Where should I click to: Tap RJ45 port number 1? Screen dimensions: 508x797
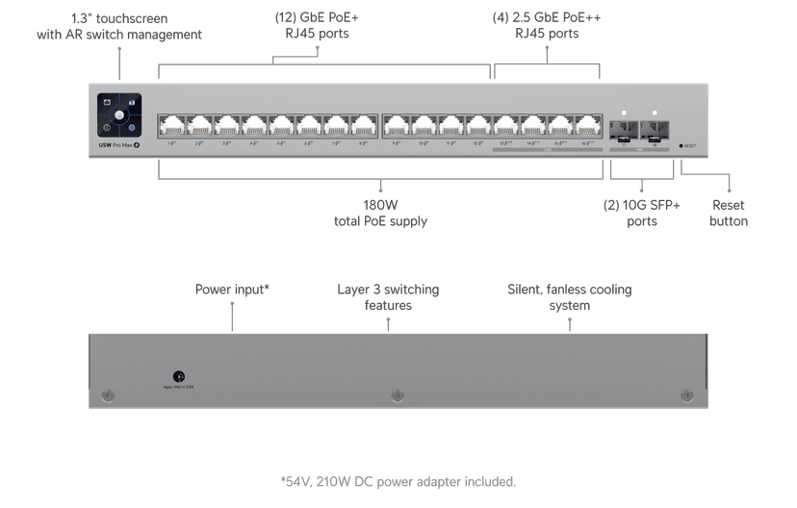click(x=172, y=125)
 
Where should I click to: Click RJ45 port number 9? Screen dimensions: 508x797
click(x=397, y=125)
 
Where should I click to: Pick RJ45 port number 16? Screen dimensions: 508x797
click(x=587, y=125)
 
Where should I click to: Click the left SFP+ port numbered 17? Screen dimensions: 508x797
click(x=624, y=128)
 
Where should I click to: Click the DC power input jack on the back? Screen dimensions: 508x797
click(x=178, y=378)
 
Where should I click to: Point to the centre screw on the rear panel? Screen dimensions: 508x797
click(x=398, y=395)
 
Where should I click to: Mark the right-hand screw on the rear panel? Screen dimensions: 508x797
click(x=686, y=395)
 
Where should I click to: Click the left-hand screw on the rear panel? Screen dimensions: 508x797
click(x=109, y=395)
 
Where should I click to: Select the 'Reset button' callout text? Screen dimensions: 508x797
click(x=729, y=213)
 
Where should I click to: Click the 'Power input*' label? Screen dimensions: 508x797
click(x=232, y=289)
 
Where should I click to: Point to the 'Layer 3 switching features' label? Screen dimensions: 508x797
click(x=388, y=296)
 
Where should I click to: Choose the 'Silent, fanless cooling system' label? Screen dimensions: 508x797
click(x=569, y=296)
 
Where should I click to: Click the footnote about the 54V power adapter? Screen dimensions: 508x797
click(x=398, y=481)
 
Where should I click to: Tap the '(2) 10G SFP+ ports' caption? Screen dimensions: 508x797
click(x=642, y=213)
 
